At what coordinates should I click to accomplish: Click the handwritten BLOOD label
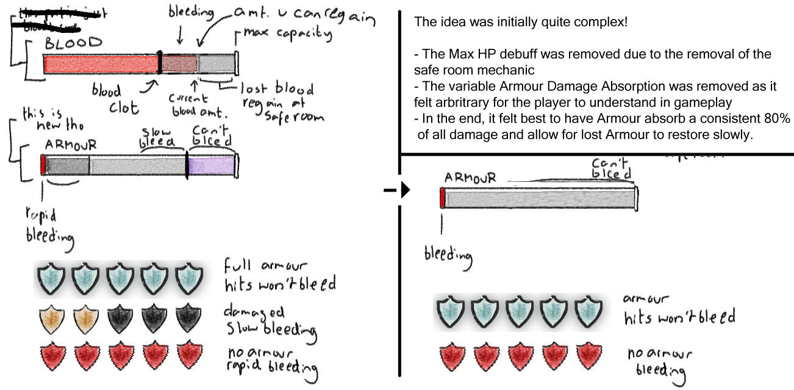(x=73, y=44)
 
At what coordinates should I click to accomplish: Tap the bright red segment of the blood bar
(x=100, y=63)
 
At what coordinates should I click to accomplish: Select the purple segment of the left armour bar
(x=211, y=166)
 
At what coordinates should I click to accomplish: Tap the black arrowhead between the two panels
(x=404, y=190)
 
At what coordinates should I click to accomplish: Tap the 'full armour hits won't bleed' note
(x=271, y=276)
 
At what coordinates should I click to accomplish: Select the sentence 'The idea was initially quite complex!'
(x=520, y=23)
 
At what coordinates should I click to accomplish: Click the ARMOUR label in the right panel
(x=470, y=178)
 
